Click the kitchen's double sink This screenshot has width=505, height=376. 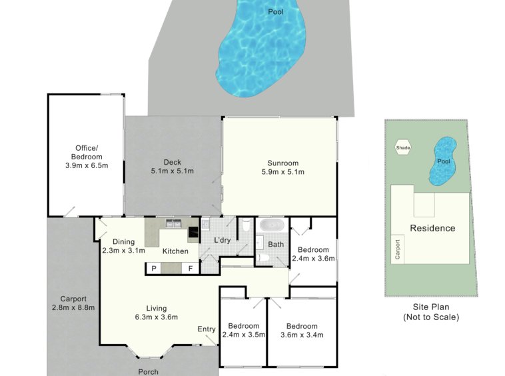pyautogui.click(x=174, y=223)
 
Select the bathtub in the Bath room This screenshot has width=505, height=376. pyautogui.click(x=272, y=225)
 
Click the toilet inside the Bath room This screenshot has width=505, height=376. pyautogui.click(x=264, y=257)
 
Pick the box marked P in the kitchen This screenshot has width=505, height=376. pyautogui.click(x=154, y=268)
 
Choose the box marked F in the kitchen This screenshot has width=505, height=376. pyautogui.click(x=191, y=268)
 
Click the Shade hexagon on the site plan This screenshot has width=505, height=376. pyautogui.click(x=403, y=147)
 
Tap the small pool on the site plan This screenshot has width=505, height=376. pyautogui.click(x=443, y=161)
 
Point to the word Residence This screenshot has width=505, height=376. pyautogui.click(x=432, y=228)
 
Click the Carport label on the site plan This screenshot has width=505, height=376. pyautogui.click(x=398, y=249)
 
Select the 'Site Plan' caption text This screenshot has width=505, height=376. pyautogui.click(x=431, y=307)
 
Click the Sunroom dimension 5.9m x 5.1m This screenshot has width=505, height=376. pyautogui.click(x=282, y=172)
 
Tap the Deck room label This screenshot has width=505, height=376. pyautogui.click(x=173, y=162)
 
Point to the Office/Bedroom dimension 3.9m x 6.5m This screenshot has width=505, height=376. pyautogui.click(x=87, y=165)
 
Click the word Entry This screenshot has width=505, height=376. pyautogui.click(x=207, y=329)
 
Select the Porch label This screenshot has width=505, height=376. pyautogui.click(x=148, y=372)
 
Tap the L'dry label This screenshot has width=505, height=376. pyautogui.click(x=223, y=240)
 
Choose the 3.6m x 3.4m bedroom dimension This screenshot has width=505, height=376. pyautogui.click(x=302, y=335)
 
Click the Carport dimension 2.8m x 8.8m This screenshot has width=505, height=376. pyautogui.click(x=73, y=307)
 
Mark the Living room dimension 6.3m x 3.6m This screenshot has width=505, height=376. pyautogui.click(x=157, y=317)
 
